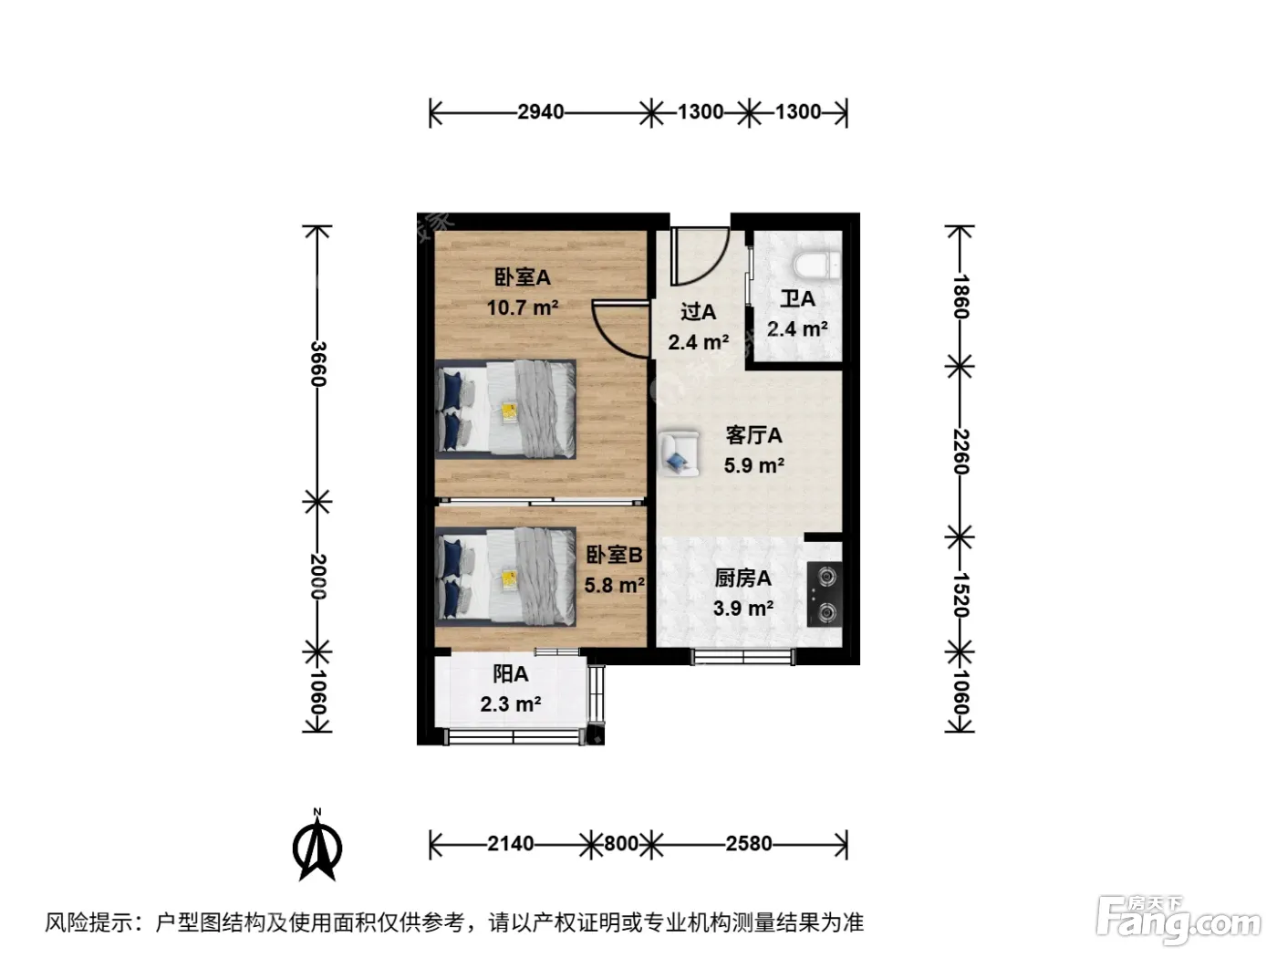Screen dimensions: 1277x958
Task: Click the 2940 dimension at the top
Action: click(x=541, y=111)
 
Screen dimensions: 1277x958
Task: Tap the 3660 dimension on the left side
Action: click(x=317, y=364)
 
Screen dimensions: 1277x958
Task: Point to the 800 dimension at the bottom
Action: click(x=621, y=843)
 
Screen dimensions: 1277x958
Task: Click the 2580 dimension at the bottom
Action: click(x=749, y=843)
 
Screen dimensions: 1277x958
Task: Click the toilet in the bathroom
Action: click(x=816, y=266)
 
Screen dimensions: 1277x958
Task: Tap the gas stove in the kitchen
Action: click(x=825, y=594)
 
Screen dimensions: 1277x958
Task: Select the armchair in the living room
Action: click(x=680, y=453)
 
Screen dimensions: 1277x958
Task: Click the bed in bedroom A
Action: click(x=505, y=409)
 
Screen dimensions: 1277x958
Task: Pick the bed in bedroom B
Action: click(x=505, y=577)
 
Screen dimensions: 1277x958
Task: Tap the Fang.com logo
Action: click(x=1178, y=919)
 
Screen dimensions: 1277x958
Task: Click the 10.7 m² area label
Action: click(x=523, y=307)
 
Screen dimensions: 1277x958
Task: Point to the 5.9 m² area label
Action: click(x=754, y=465)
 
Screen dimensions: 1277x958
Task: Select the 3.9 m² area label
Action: click(x=742, y=609)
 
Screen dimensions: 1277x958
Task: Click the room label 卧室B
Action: click(x=614, y=555)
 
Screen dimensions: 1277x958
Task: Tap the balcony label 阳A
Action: click(x=511, y=674)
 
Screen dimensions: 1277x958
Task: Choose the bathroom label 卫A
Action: click(x=797, y=299)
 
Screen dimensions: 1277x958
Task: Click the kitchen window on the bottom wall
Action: click(x=742, y=657)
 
